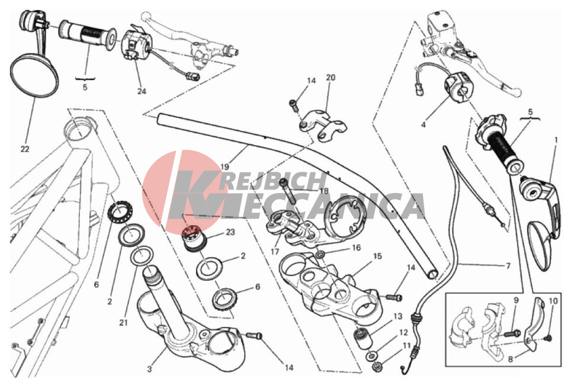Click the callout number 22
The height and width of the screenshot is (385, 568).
coord(25,149)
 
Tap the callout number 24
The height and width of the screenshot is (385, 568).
coord(142,91)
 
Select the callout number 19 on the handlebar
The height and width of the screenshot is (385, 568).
coord(224,167)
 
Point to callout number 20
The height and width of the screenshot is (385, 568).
coord(330,78)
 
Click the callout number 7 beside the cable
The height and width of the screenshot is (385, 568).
coord(508,266)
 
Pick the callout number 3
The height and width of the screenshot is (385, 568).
coord(150,370)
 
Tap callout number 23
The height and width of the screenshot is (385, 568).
coord(230,232)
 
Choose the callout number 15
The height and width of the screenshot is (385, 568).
coord(377,256)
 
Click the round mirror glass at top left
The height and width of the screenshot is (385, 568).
coord(34,76)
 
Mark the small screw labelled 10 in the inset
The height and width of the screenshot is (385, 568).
coord(548,338)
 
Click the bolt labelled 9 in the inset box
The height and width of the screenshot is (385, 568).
coord(514,332)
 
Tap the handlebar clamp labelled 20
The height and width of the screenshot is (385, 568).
coord(322,125)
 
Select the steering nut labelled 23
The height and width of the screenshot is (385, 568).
coord(194,238)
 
